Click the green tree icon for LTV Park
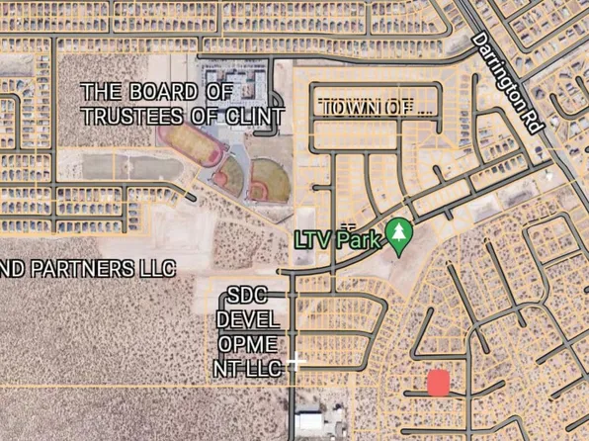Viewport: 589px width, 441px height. [399, 235]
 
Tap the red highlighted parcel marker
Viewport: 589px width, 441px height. [438, 383]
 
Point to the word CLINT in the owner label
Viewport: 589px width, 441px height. [255, 116]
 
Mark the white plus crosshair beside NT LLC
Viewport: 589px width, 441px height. [295, 364]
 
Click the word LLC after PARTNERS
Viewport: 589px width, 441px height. [155, 268]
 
